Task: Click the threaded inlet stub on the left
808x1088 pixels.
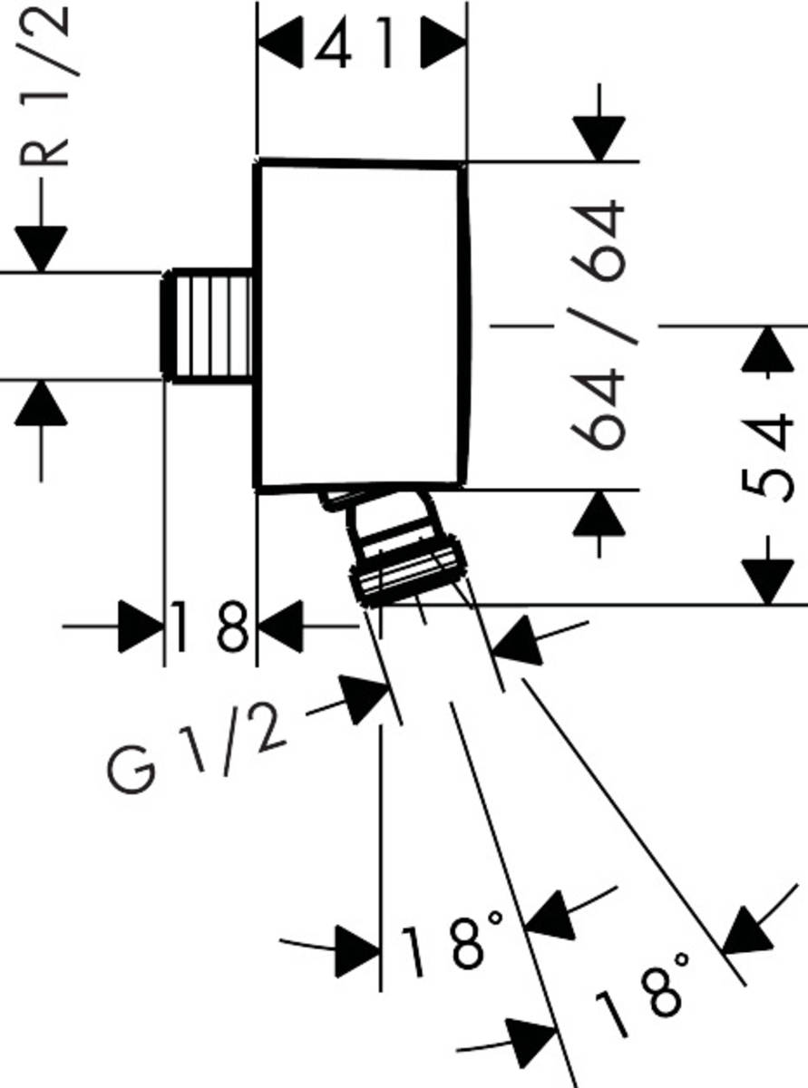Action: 208,325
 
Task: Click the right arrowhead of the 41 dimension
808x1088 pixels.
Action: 444,44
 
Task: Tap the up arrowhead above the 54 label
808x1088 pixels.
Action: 767,348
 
